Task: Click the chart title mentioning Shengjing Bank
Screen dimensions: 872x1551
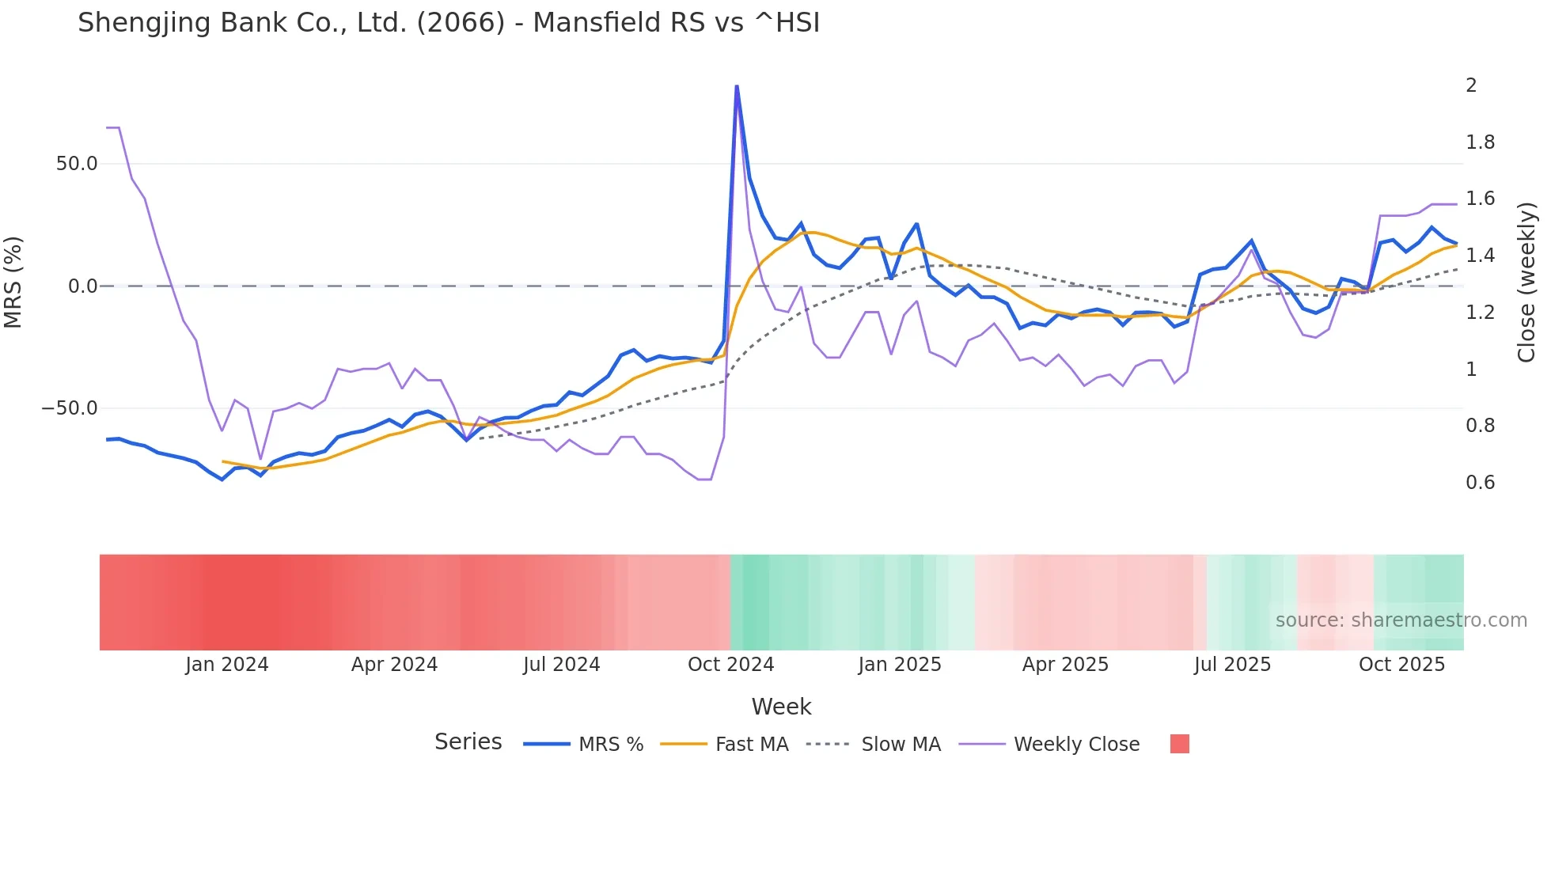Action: (x=449, y=23)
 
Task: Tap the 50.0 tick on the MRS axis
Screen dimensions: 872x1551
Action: (x=77, y=164)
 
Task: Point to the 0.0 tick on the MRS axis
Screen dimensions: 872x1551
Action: (x=82, y=286)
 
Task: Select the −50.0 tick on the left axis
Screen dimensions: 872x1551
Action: (x=70, y=408)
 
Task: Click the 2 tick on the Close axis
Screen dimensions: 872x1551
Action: (x=1471, y=85)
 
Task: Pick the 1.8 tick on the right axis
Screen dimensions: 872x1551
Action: (x=1480, y=142)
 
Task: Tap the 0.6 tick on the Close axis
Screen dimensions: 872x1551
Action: (x=1480, y=483)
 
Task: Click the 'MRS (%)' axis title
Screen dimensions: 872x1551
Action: (x=13, y=282)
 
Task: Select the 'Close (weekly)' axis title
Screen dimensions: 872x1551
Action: (x=1526, y=282)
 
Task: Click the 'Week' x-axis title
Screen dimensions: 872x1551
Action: (x=781, y=707)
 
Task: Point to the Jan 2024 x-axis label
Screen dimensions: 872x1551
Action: (x=227, y=665)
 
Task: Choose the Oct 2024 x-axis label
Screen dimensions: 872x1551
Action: (x=730, y=665)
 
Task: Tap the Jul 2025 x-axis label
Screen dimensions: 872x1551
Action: (x=1232, y=665)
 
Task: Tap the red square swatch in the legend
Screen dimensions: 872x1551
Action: (x=1179, y=744)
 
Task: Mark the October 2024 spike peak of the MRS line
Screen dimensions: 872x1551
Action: (x=737, y=86)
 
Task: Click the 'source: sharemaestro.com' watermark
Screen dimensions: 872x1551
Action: (x=1401, y=620)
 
